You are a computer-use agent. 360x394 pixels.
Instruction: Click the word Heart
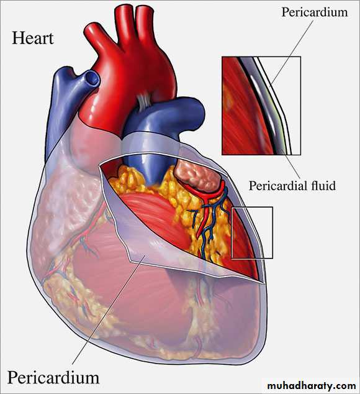(33, 38)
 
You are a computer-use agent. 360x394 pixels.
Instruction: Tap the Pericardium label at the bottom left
(53, 378)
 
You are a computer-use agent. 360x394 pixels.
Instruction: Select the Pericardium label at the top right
(315, 12)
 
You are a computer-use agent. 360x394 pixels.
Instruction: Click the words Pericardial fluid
(292, 186)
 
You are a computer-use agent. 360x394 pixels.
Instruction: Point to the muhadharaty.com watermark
(312, 386)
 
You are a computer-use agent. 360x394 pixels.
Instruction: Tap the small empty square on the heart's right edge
(252, 232)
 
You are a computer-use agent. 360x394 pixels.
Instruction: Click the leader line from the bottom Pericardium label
(109, 309)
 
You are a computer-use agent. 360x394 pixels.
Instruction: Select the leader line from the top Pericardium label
(292, 53)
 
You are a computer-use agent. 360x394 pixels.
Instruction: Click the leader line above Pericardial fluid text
(291, 163)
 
